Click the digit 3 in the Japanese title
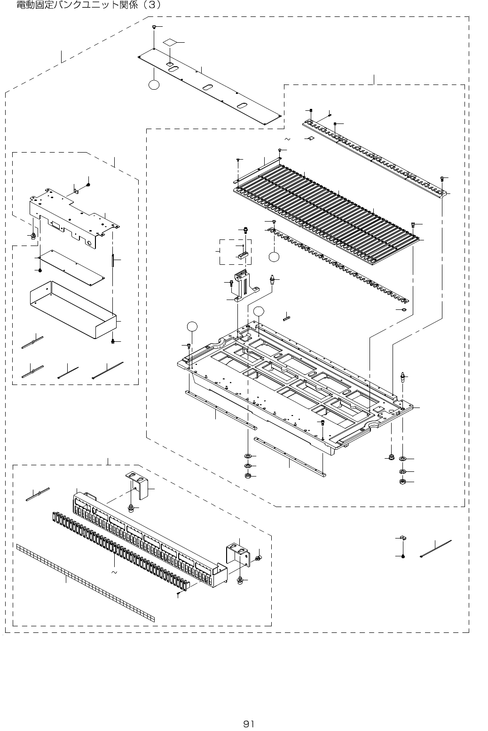coord(151,5)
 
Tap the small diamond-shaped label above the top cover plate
coord(172,42)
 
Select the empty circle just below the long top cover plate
coord(154,85)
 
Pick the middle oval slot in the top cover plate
coord(207,87)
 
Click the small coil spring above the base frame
coord(287,317)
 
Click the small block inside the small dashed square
coord(243,256)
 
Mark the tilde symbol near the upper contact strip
coord(287,139)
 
